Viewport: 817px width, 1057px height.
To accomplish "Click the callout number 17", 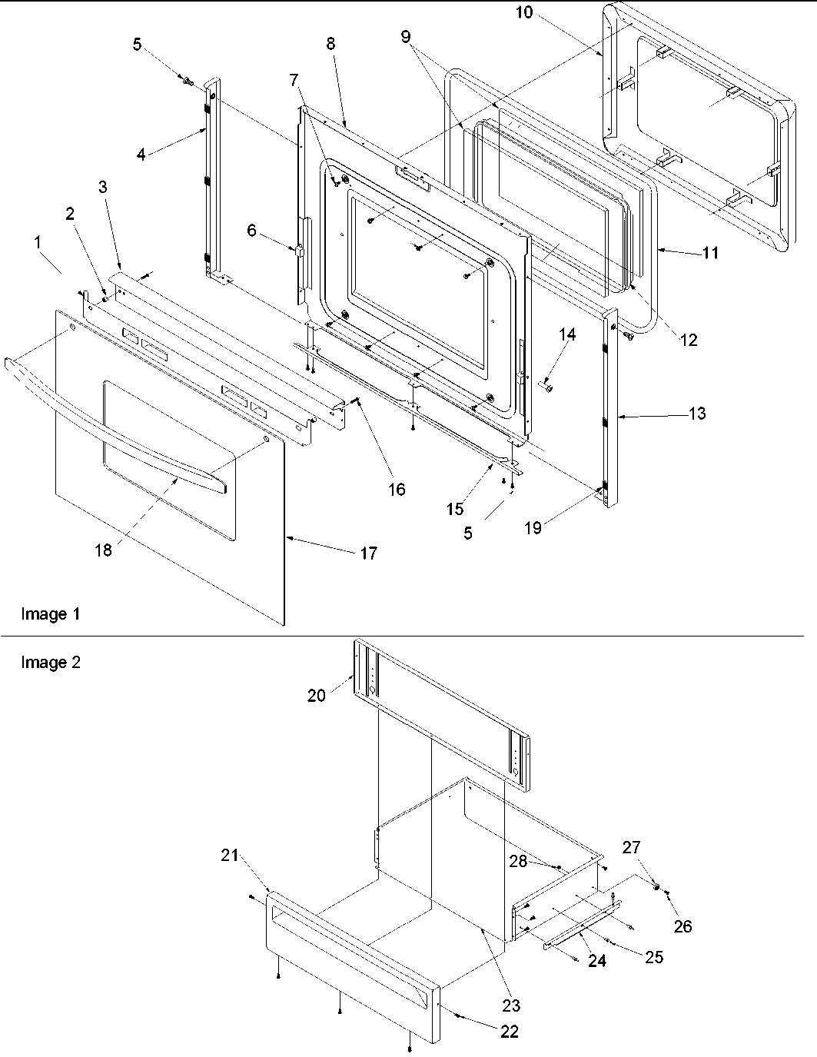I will (369, 553).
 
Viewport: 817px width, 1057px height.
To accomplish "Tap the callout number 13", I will (697, 414).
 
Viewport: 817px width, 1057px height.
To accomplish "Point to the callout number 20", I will (317, 695).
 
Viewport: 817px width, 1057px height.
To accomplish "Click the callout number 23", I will (511, 1005).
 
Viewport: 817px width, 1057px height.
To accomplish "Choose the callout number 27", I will (631, 847).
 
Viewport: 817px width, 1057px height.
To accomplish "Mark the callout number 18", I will (103, 550).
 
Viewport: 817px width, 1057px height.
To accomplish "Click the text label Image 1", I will (51, 614).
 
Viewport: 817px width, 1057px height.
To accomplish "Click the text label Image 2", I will (51, 663).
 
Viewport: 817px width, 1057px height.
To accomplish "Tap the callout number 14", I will (566, 334).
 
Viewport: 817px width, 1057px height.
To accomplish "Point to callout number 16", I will (397, 489).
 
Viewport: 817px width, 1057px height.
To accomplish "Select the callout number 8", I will (330, 44).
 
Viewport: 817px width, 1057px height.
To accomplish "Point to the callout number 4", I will (141, 154).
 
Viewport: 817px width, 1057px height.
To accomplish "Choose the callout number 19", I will (532, 527).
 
